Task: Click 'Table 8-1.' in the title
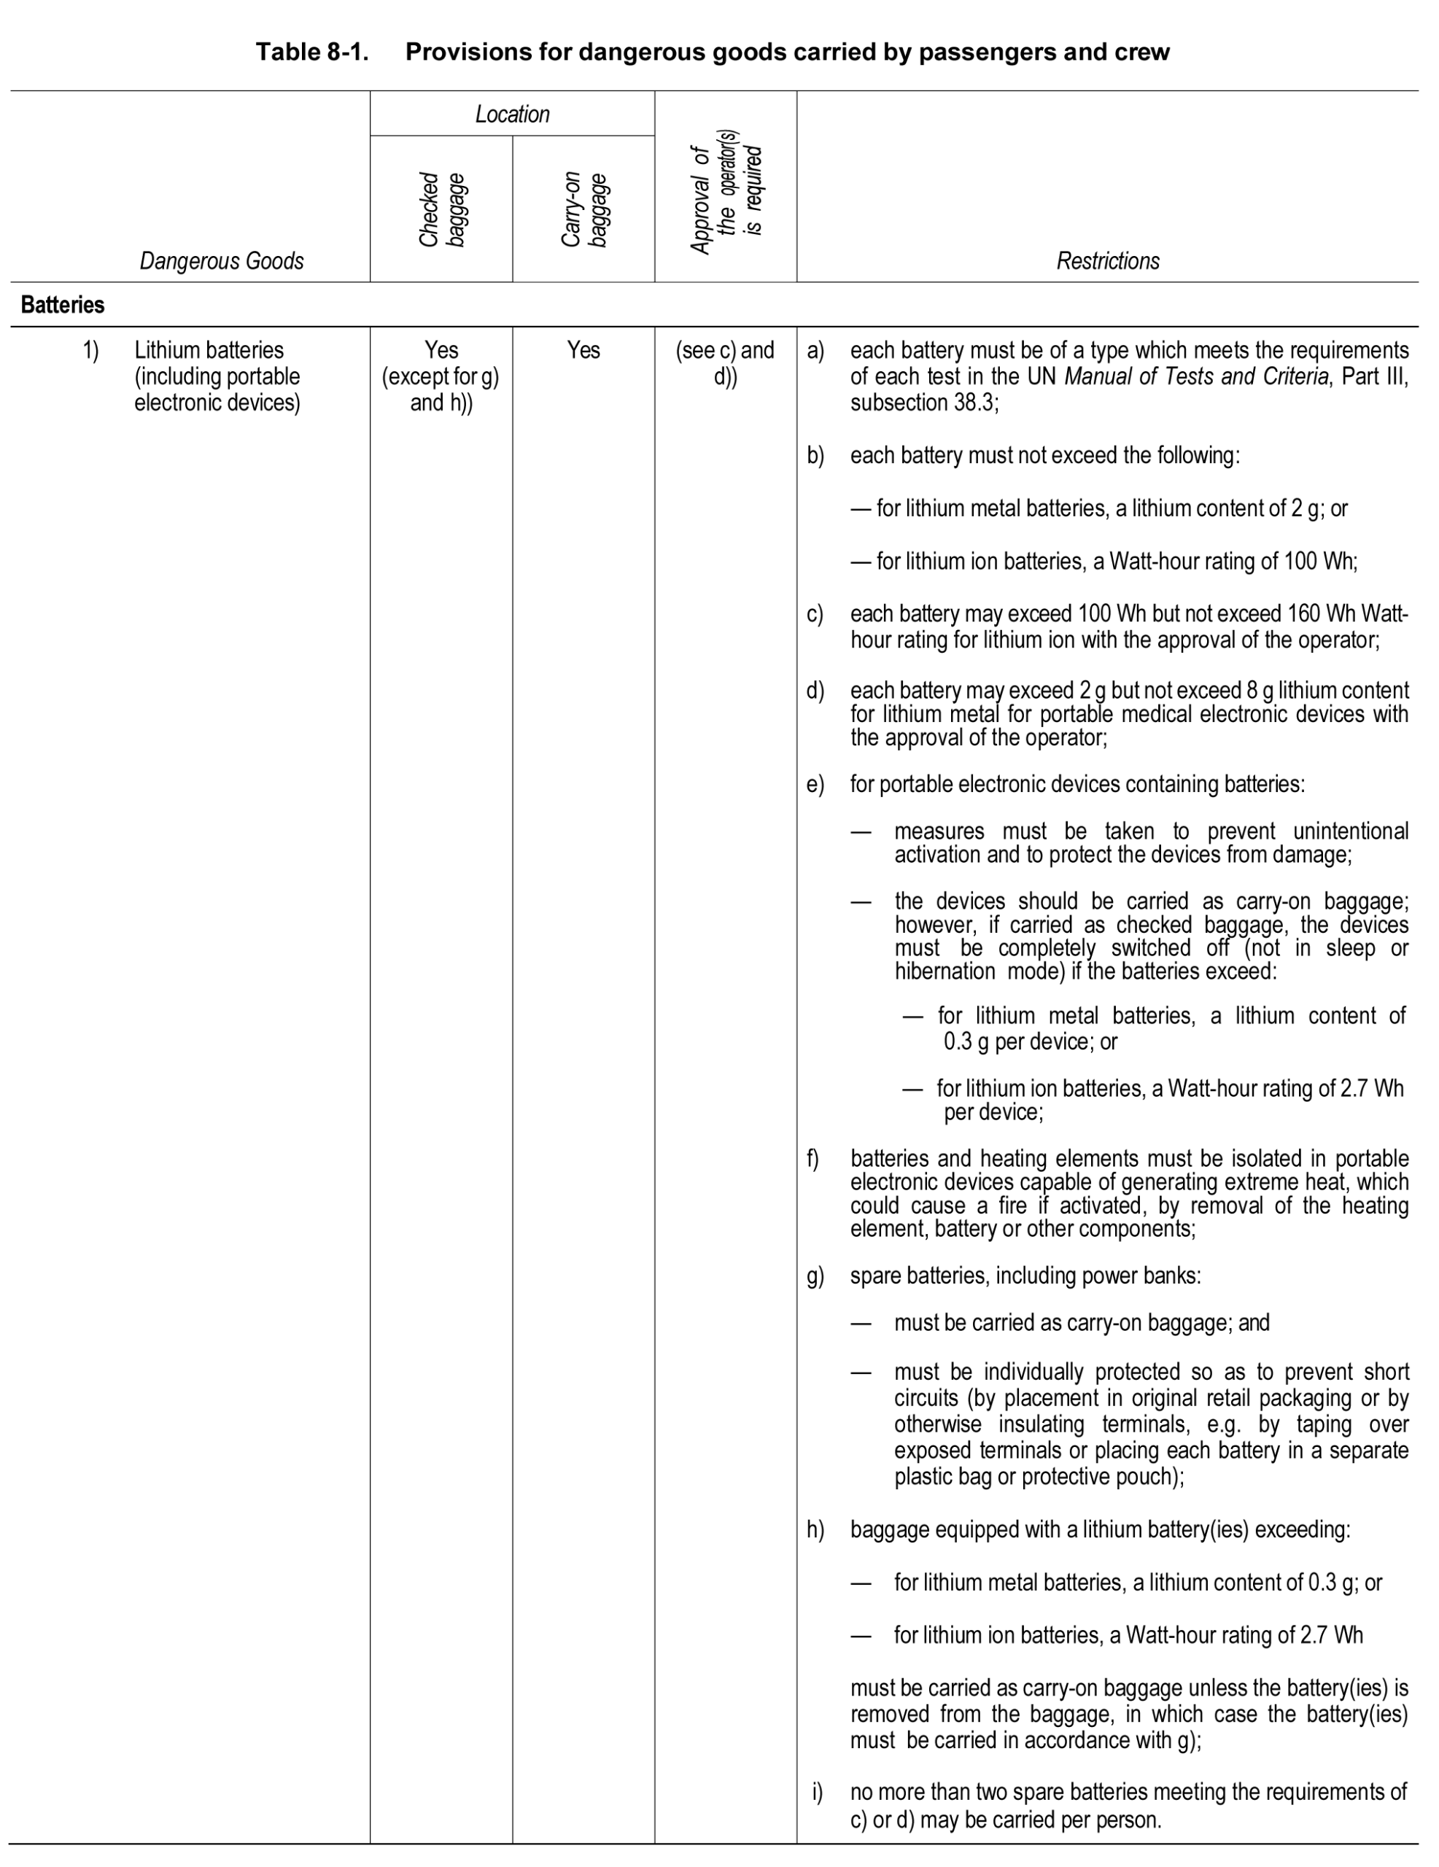[312, 53]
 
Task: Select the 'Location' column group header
[512, 114]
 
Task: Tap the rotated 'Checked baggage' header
[441, 209]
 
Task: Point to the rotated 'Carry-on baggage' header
[583, 209]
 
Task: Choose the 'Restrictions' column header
[1107, 261]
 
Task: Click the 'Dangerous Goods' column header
[222, 261]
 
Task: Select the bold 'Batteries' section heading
[63, 305]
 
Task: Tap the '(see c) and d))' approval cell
[725, 362]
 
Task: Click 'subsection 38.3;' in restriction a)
[923, 403]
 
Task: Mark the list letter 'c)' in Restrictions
[815, 614]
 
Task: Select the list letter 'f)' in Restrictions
[812, 1158]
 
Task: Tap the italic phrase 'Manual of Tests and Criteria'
[1196, 376]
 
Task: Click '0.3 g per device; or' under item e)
[1031, 1041]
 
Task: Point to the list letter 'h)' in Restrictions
[815, 1529]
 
